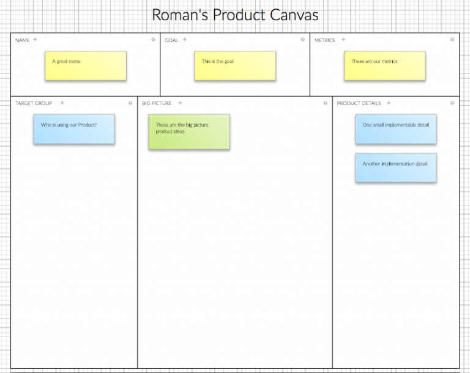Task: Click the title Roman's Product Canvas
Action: pyautogui.click(x=235, y=15)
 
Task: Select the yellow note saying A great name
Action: pyautogui.click(x=86, y=65)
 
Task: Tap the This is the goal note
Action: pyautogui.click(x=235, y=65)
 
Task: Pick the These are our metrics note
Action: pyautogui.click(x=384, y=65)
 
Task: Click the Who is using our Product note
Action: pyautogui.click(x=74, y=129)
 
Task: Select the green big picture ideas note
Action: pyautogui.click(x=189, y=131)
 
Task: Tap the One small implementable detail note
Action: pyautogui.click(x=396, y=129)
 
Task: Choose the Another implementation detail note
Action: pyautogui.click(x=396, y=168)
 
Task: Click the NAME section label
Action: pyautogui.click(x=23, y=40)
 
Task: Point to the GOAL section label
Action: pyautogui.click(x=171, y=40)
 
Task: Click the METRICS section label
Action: pyautogui.click(x=325, y=40)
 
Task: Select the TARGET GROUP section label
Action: pyautogui.click(x=34, y=103)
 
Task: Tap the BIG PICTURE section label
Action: pyautogui.click(x=157, y=103)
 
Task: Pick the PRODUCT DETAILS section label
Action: pyautogui.click(x=359, y=103)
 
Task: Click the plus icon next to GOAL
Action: pyautogui.click(x=185, y=40)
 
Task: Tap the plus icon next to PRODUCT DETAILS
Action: pyautogui.click(x=389, y=103)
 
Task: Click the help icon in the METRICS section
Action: pyautogui.click(x=452, y=40)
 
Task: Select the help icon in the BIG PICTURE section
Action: pyautogui.click(x=326, y=103)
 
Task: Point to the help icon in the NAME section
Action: pyautogui.click(x=153, y=40)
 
